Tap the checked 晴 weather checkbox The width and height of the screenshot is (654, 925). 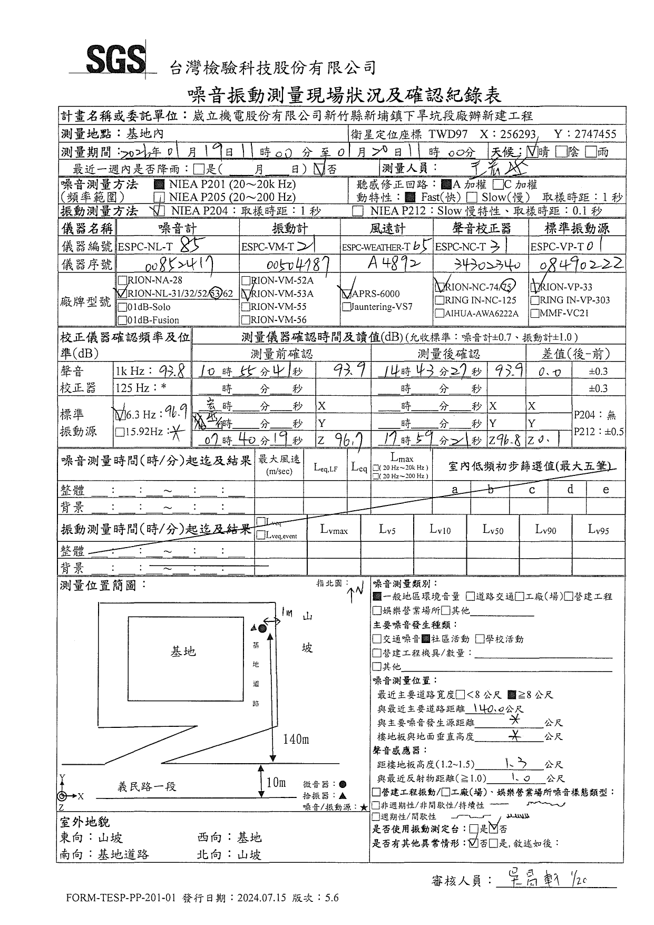tap(532, 152)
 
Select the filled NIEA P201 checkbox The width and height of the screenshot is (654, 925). tap(159, 185)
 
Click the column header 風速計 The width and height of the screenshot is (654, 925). tap(386, 228)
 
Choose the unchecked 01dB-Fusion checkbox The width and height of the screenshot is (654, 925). tap(122, 320)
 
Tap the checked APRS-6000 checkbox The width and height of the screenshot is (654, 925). tap(347, 294)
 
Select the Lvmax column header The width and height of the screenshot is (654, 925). tap(334, 530)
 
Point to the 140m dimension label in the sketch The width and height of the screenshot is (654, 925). tap(296, 739)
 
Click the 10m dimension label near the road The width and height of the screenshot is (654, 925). tap(276, 783)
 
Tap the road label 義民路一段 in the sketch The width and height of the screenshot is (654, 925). tap(147, 787)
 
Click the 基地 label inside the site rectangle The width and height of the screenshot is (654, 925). tap(183, 651)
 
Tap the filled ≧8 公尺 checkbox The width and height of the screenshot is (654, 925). tap(511, 695)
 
